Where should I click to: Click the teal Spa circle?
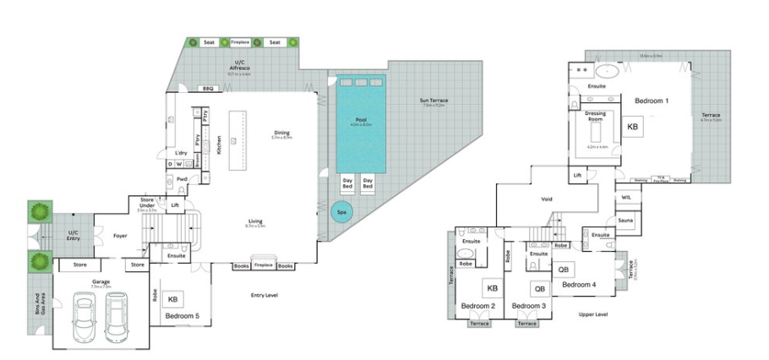pos(341,212)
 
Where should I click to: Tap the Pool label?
pos(361,121)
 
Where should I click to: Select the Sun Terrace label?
pos(434,101)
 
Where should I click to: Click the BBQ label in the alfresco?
pos(207,88)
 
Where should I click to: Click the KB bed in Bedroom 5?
pos(172,299)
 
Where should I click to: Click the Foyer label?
pos(120,236)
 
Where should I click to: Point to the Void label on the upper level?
pos(546,199)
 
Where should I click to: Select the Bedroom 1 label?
pos(652,101)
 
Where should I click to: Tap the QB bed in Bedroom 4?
pos(564,270)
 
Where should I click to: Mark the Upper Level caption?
pos(592,314)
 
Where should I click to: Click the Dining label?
pos(281,132)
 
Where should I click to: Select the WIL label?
pos(625,197)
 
